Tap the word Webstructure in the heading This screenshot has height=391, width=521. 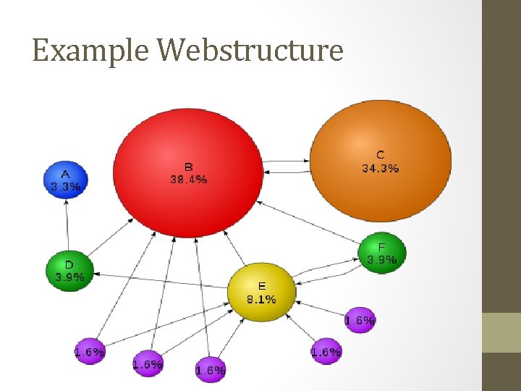point(250,51)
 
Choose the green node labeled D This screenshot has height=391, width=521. point(69,269)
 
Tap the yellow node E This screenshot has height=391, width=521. point(261,293)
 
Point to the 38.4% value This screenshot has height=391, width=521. point(189,179)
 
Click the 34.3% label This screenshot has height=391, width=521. point(381,168)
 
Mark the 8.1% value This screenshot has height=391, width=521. point(261,298)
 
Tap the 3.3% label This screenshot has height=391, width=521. point(65,186)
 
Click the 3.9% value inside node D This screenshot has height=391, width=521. point(69,277)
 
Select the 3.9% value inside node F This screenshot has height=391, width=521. point(382,259)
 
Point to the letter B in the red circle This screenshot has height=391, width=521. point(188,167)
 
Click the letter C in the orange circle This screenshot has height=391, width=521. point(381,155)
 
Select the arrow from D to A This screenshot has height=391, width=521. point(67,225)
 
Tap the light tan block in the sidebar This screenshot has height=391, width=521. point(501,332)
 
